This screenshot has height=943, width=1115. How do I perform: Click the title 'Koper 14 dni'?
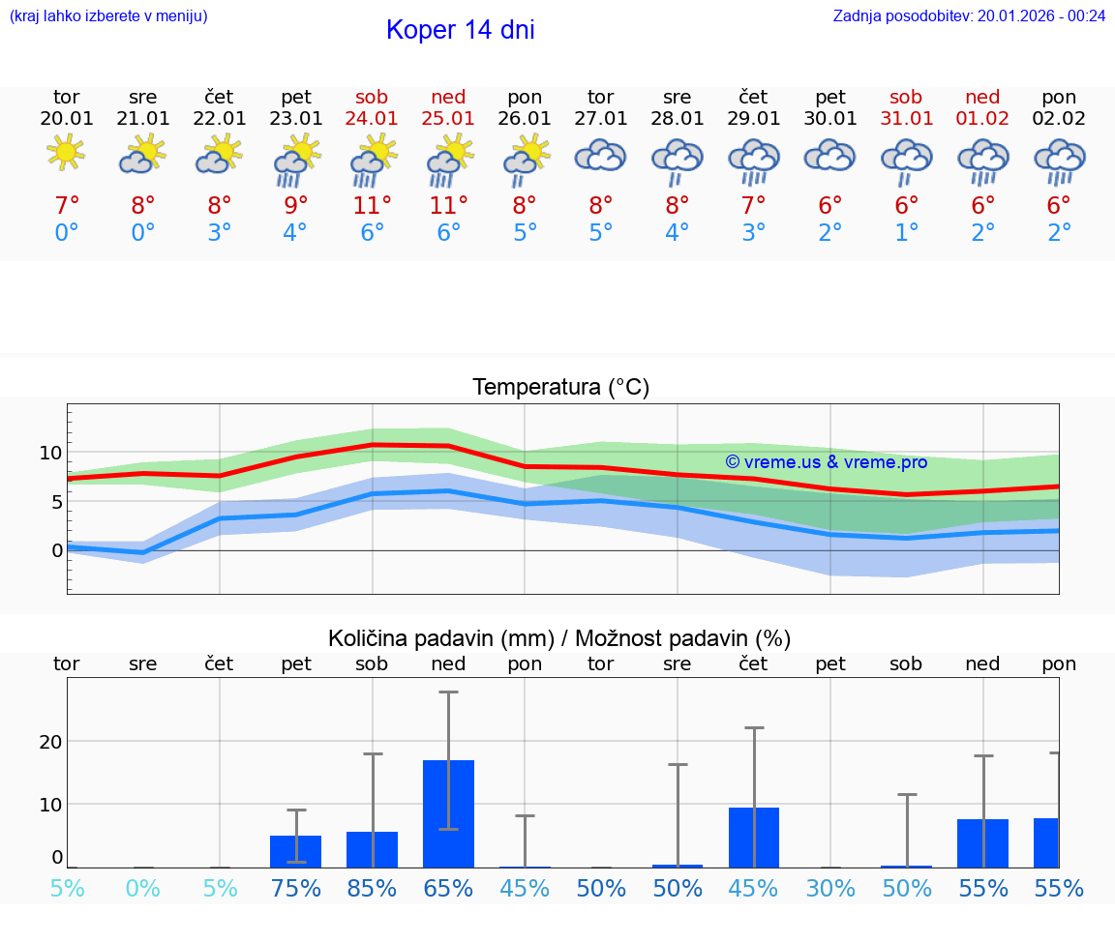(460, 30)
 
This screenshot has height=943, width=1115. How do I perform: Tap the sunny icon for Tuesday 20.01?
(66, 152)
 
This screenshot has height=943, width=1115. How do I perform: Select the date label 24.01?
(372, 118)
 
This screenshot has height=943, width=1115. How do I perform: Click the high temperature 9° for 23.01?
(295, 206)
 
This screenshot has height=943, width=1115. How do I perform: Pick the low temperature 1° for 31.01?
(907, 233)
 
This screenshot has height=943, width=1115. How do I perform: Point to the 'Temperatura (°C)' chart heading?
(560, 387)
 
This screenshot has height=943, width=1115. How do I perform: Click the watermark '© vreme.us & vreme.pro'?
(826, 462)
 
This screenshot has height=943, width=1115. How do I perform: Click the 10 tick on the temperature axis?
(50, 453)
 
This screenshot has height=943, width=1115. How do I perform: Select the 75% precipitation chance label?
(295, 888)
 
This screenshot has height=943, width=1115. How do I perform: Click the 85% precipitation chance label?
(372, 888)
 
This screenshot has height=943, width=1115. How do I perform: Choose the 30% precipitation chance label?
(830, 888)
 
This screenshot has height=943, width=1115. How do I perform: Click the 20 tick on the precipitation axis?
(50, 741)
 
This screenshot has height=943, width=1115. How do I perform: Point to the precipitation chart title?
(559, 638)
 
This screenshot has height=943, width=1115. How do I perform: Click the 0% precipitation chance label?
(142, 888)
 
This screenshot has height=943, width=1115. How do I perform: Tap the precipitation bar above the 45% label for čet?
(753, 837)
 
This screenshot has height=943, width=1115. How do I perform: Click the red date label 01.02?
(982, 118)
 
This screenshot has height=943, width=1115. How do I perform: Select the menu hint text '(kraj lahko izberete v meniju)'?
(108, 15)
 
